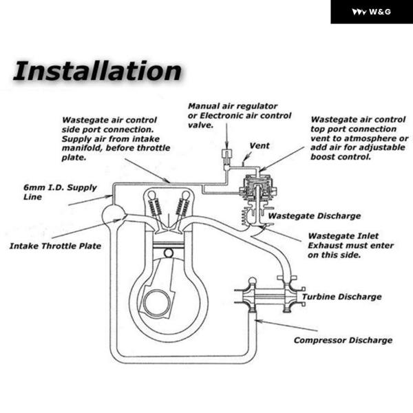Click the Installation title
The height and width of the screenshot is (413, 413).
click(x=97, y=71)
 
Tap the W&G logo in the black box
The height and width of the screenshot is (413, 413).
click(x=372, y=12)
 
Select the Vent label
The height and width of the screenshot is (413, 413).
click(x=260, y=146)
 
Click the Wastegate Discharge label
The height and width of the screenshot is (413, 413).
click(x=315, y=216)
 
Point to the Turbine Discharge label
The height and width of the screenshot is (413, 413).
click(x=341, y=297)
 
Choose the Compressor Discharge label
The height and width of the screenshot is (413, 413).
click(x=343, y=340)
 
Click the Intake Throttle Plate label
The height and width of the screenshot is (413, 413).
click(x=55, y=246)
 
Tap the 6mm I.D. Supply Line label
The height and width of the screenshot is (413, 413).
click(x=60, y=192)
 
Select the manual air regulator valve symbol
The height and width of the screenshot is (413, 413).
click(x=226, y=158)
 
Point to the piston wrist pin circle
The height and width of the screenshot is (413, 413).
click(x=169, y=253)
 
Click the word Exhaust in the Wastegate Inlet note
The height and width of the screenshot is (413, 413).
click(x=326, y=246)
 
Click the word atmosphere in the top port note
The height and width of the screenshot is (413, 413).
click(x=372, y=138)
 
